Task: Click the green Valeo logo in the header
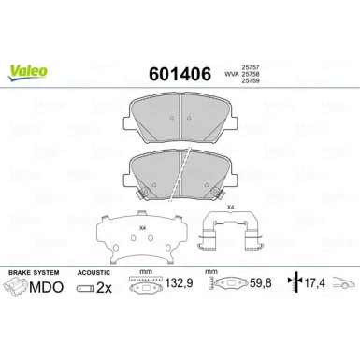click(x=27, y=73)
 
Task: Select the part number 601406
click(x=180, y=75)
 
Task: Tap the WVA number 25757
click(x=251, y=66)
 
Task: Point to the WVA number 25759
click(x=251, y=81)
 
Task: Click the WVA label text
click(x=232, y=74)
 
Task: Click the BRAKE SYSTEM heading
click(x=34, y=272)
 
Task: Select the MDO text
click(x=46, y=287)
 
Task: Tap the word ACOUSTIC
click(x=94, y=273)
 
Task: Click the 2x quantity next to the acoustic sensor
click(x=104, y=288)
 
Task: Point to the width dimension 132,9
click(x=179, y=283)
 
